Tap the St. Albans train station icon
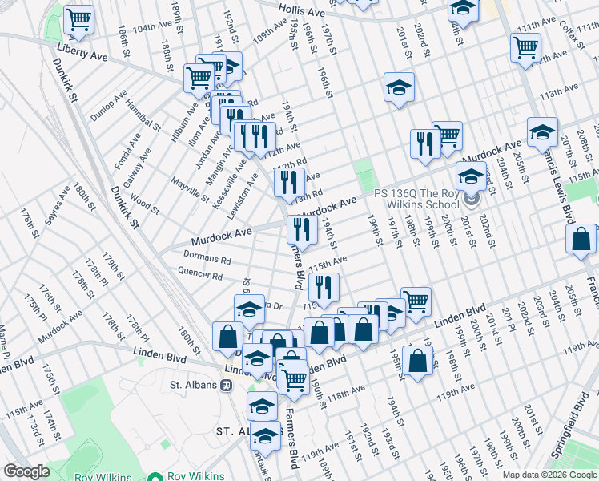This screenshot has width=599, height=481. click(227, 385)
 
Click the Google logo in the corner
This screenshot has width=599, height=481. click(26, 471)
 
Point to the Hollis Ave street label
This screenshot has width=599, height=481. click(302, 10)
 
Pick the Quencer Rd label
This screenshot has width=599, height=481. click(201, 275)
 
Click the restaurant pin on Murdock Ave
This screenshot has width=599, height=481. click(301, 229)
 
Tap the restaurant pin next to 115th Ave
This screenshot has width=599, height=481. click(324, 287)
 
